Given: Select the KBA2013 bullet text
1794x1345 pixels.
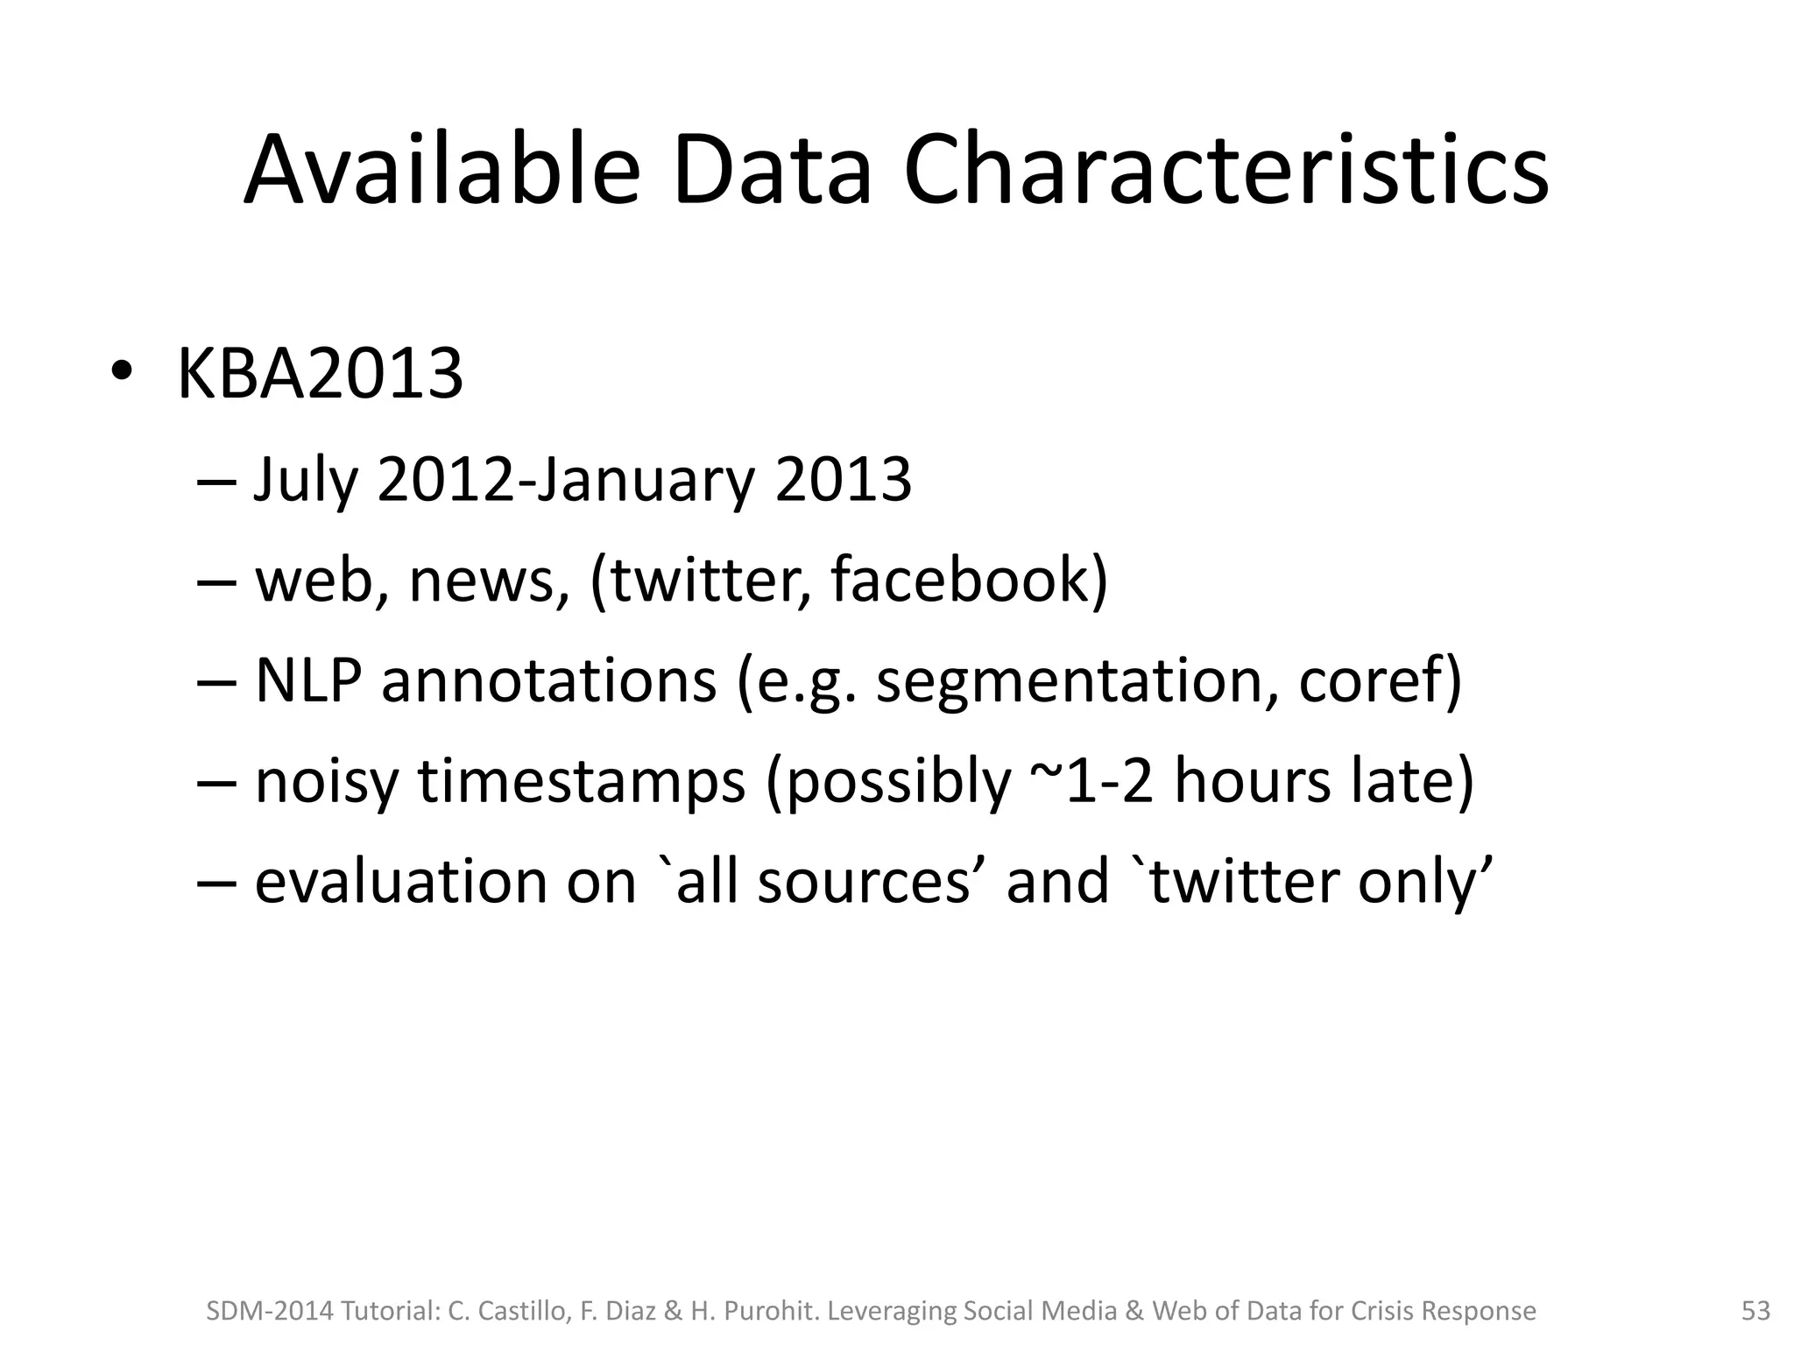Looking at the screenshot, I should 320,375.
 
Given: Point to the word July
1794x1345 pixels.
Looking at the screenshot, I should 306,481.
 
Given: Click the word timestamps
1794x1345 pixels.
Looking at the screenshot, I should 582,781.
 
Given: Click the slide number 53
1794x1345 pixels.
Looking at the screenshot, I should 1755,1311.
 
